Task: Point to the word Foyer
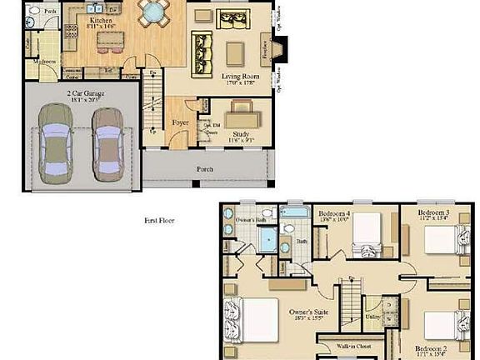point(180,122)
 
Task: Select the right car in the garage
point(107,142)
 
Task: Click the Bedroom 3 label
point(435,214)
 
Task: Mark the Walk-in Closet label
point(354,343)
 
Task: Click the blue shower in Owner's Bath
point(268,241)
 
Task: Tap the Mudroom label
point(44,61)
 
